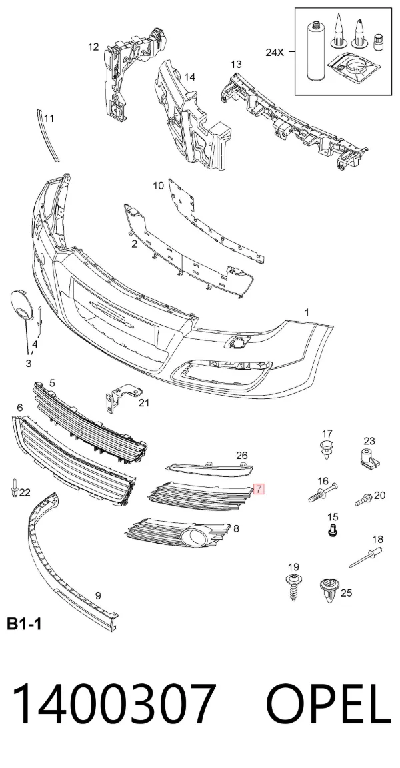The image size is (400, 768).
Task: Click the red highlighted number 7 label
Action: (x=259, y=488)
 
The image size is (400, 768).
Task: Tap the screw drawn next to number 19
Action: (x=293, y=585)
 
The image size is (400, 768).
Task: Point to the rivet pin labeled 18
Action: (x=366, y=558)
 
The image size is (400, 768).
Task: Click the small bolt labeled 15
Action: (x=333, y=530)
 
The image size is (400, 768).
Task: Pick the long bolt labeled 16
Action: (x=324, y=492)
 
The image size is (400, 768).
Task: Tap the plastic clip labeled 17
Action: (x=326, y=449)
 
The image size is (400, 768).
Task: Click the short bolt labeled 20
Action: (x=364, y=500)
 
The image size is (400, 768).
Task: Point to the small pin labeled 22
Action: (x=15, y=488)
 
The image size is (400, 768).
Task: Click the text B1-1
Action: (x=24, y=624)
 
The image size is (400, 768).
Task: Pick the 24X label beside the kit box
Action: (x=275, y=52)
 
